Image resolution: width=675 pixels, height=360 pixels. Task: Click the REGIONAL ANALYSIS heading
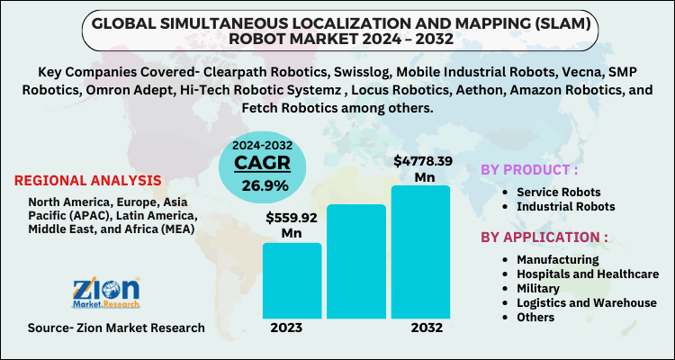pos(88,180)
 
